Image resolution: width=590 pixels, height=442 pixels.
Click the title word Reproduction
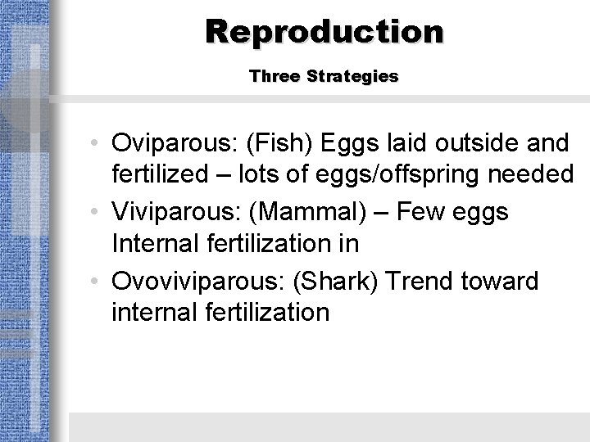(324, 31)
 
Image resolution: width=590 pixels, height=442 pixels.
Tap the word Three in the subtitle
(275, 76)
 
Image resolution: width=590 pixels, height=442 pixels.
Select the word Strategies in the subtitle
(352, 76)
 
